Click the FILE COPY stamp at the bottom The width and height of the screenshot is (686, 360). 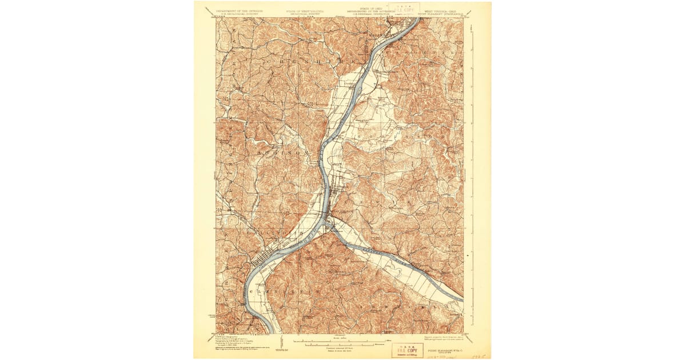click(x=408, y=349)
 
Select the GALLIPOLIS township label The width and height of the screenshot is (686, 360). click(x=268, y=234)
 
